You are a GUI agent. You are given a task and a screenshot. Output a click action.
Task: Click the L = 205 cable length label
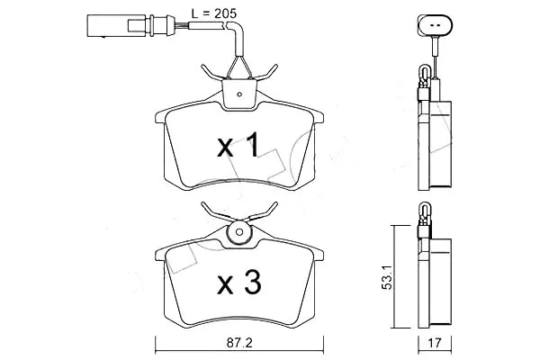tap(214, 13)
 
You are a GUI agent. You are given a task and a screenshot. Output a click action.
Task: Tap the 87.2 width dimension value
tap(239, 343)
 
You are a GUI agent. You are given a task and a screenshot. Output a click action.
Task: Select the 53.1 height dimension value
tap(387, 277)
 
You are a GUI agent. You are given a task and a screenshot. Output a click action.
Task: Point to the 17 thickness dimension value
tap(435, 343)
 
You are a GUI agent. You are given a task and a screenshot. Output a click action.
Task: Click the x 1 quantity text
tap(238, 146)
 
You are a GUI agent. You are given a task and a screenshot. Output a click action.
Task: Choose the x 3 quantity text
tap(239, 283)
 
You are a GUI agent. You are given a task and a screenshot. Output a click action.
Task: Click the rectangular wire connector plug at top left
tap(117, 25)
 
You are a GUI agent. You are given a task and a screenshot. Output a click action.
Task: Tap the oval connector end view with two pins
tap(435, 25)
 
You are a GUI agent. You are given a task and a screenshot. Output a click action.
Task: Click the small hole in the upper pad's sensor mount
tap(239, 94)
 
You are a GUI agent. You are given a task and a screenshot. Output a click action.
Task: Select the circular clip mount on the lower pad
tap(239, 232)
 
